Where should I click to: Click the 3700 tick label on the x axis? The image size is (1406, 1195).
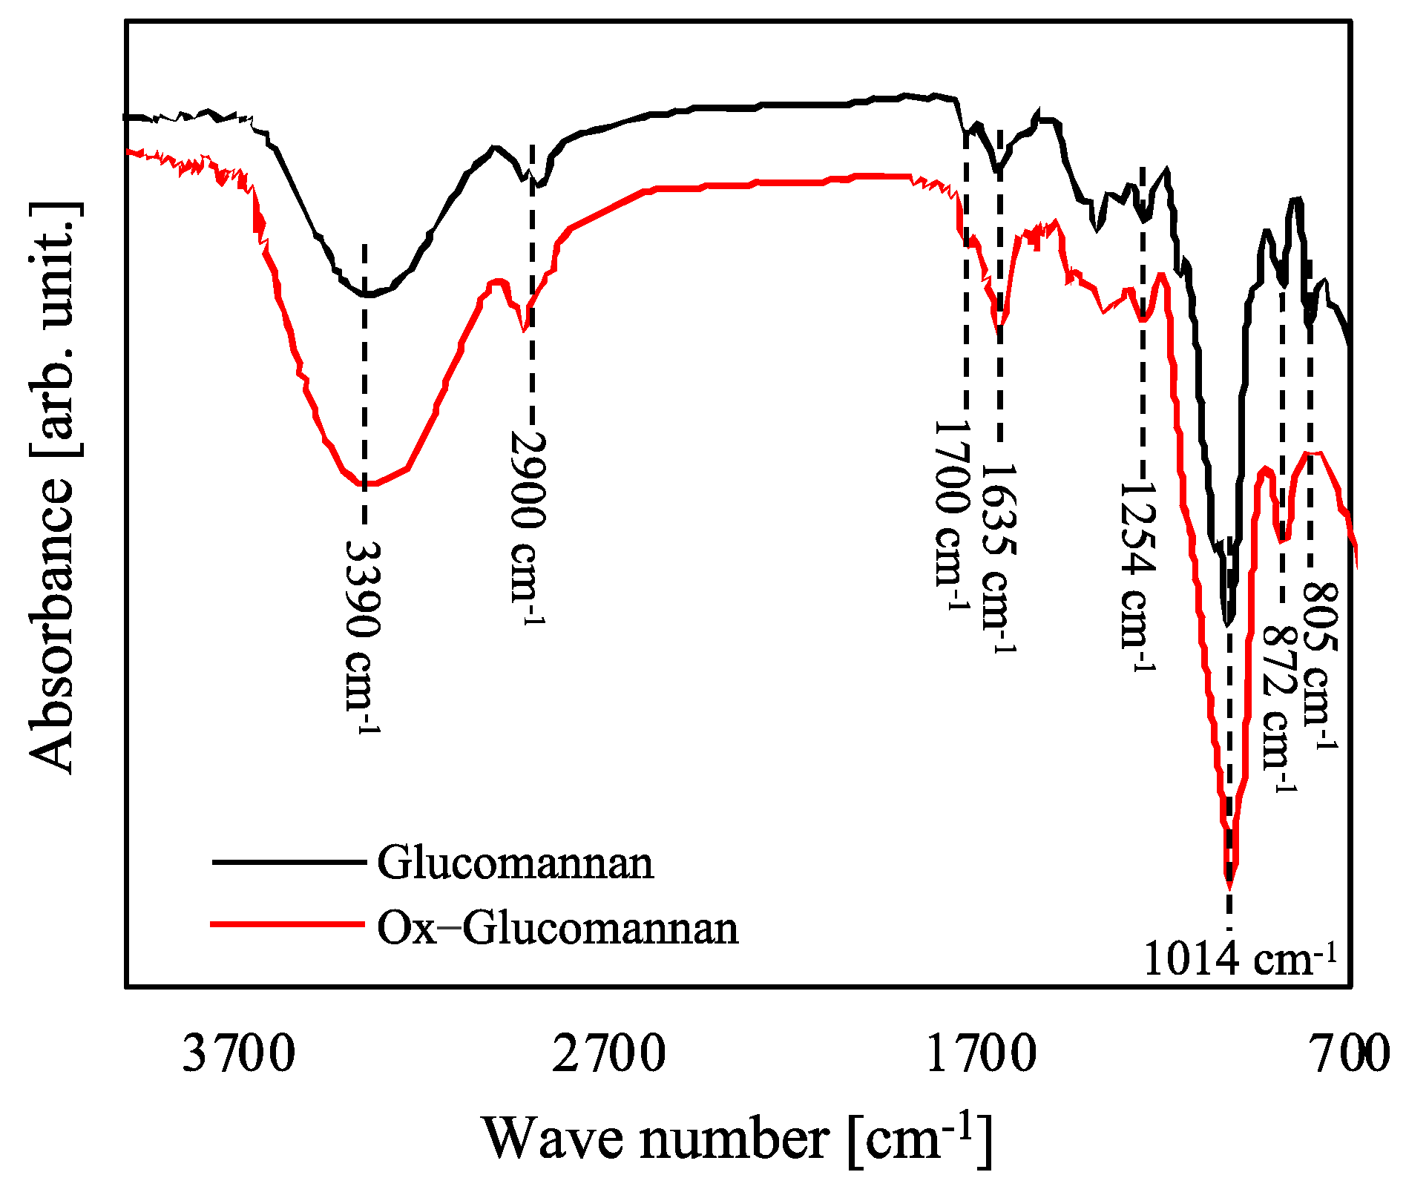click(x=239, y=1054)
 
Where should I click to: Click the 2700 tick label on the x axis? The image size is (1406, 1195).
click(x=609, y=1054)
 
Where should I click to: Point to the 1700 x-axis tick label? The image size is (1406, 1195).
click(x=981, y=1054)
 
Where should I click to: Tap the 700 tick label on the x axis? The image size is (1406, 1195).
click(x=1351, y=1054)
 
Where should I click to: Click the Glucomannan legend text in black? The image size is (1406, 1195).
click(x=515, y=863)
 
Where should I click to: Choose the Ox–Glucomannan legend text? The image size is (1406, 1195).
click(x=557, y=927)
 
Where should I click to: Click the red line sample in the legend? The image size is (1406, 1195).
click(x=288, y=924)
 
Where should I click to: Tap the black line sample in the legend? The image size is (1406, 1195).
click(x=288, y=862)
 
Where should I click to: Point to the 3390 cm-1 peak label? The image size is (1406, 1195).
click(x=364, y=636)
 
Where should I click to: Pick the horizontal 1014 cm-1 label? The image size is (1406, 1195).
click(x=1239, y=959)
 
